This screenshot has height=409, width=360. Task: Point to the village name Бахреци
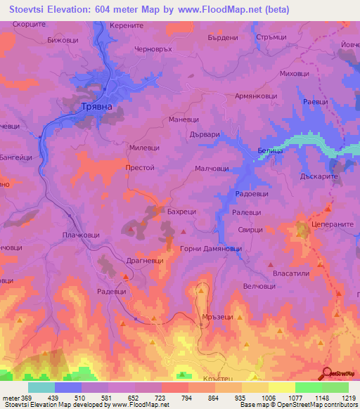[184, 210]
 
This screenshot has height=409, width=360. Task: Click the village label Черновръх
[153, 50]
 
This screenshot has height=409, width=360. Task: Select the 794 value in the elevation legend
[187, 397]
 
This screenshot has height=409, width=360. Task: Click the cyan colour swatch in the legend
[41, 387]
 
